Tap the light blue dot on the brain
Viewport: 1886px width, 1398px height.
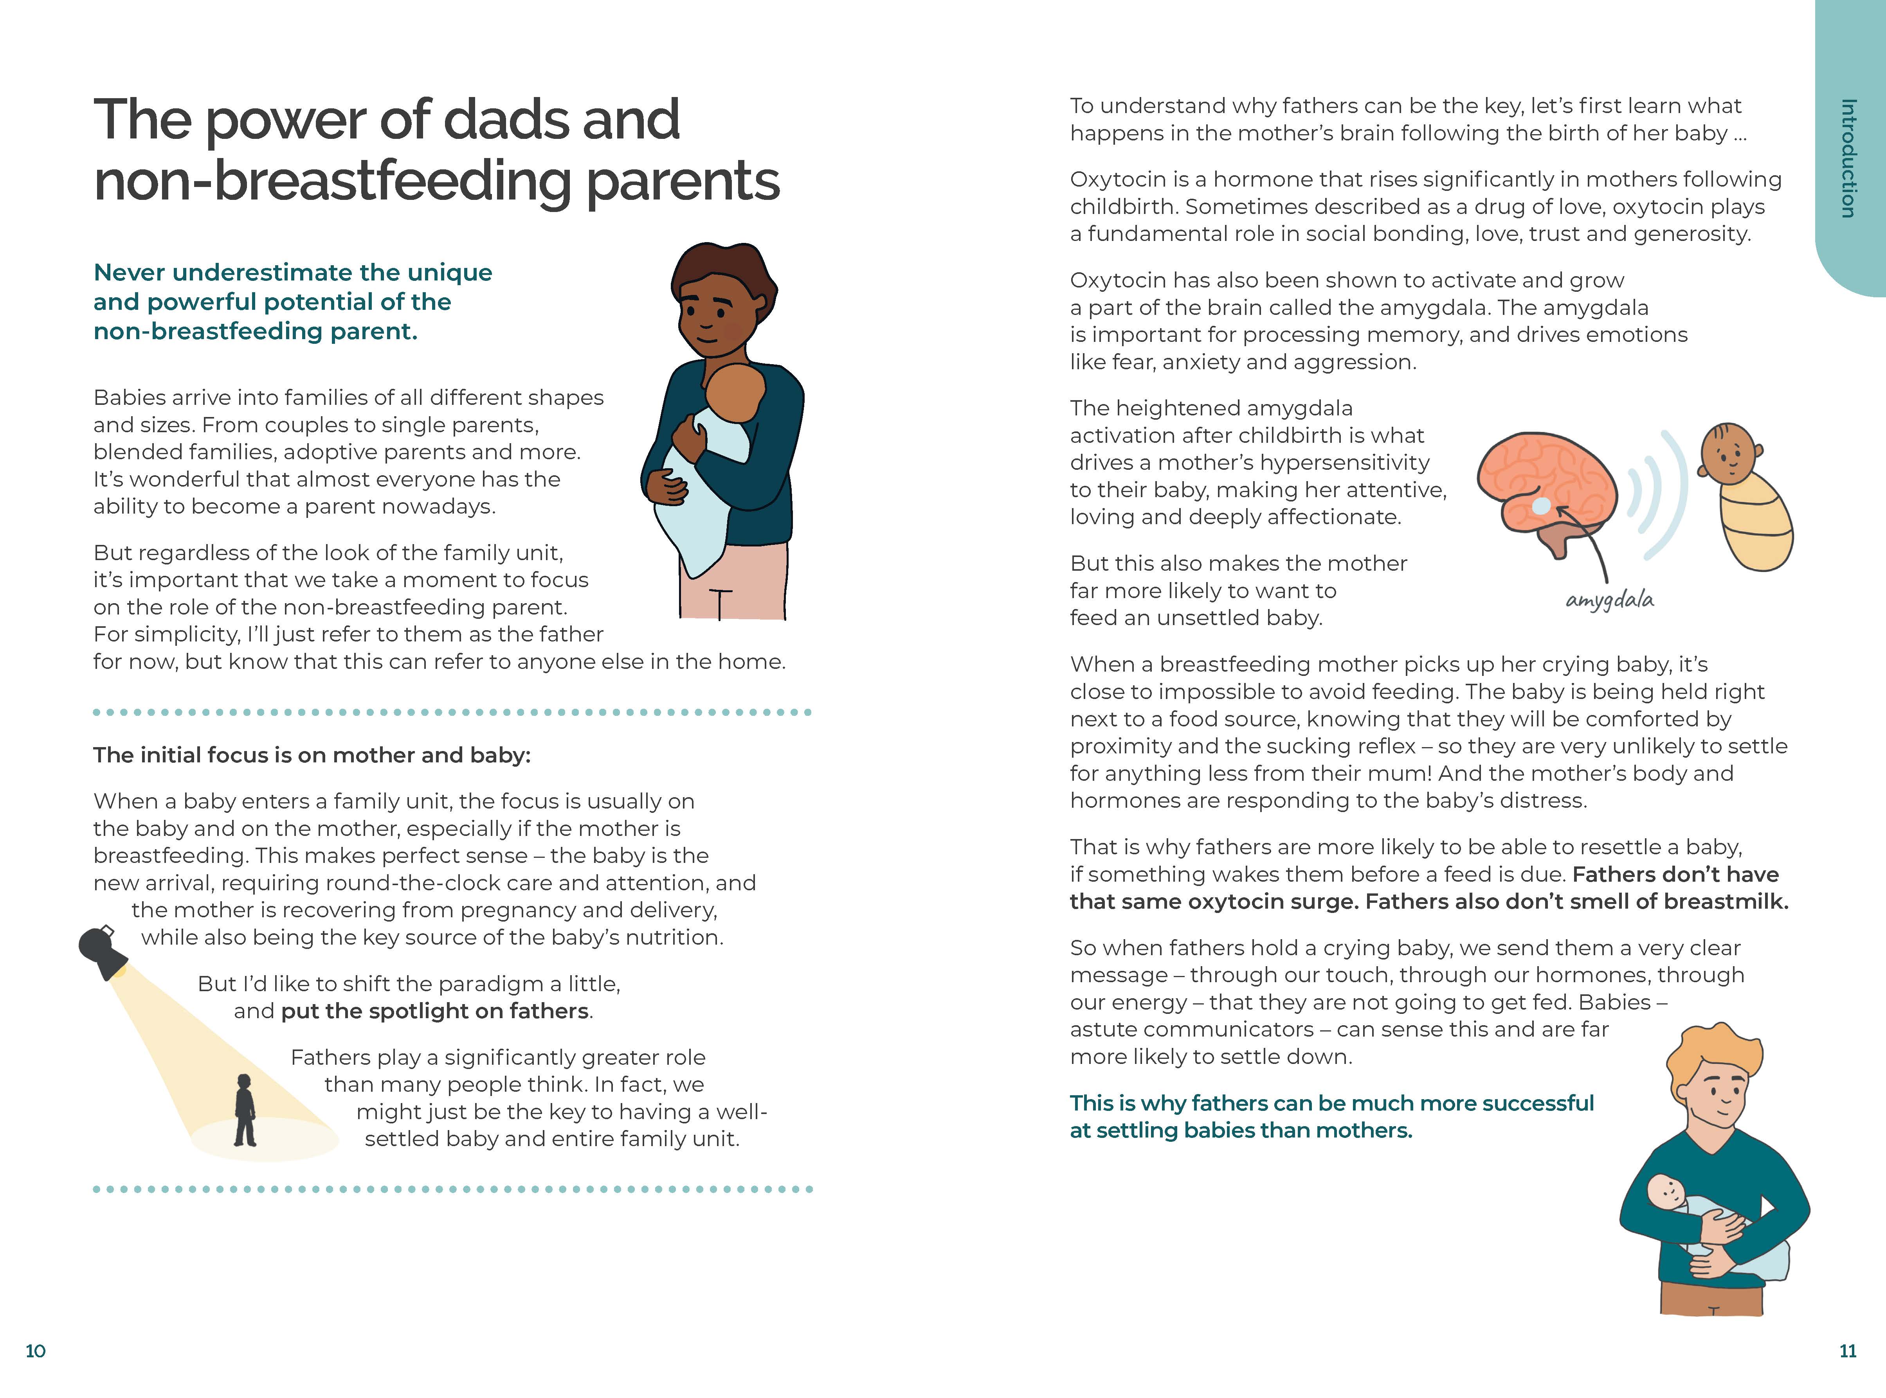pos(1542,506)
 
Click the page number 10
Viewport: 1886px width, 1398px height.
pos(36,1351)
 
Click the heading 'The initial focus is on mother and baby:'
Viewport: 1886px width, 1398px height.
pos(312,755)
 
